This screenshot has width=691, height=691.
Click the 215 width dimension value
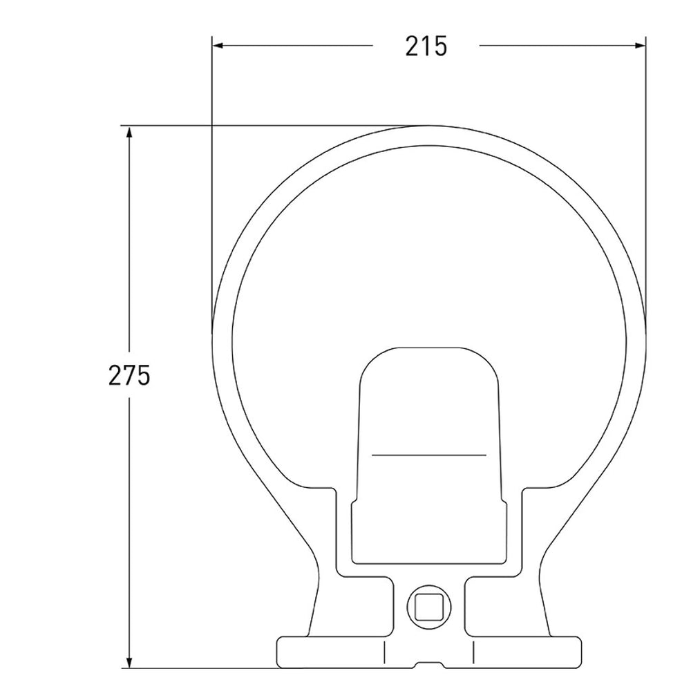pyautogui.click(x=426, y=46)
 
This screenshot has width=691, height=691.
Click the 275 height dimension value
pyautogui.click(x=129, y=375)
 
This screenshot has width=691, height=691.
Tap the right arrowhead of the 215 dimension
pyautogui.click(x=639, y=46)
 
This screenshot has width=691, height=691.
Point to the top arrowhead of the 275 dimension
pyautogui.click(x=129, y=133)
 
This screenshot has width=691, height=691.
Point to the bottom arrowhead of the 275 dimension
pyautogui.click(x=129, y=661)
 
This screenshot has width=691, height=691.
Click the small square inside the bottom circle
pyautogui.click(x=429, y=607)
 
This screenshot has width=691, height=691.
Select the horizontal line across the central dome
pyautogui.click(x=429, y=455)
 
